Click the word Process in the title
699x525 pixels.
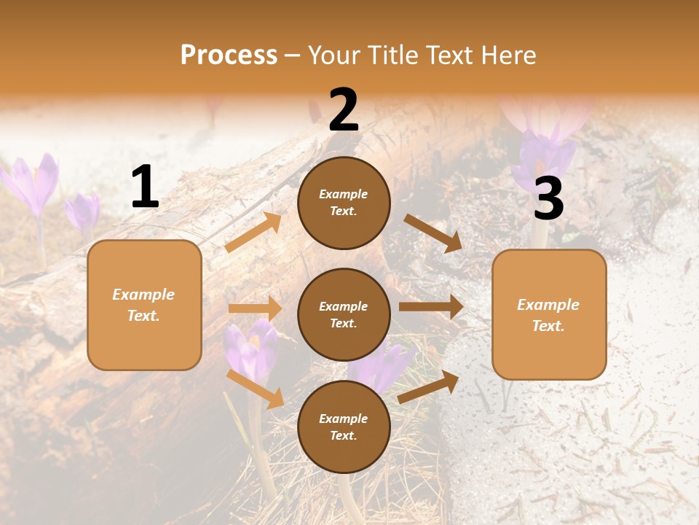tap(229, 55)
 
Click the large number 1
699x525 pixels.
tap(145, 187)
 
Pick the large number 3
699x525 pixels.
tap(548, 199)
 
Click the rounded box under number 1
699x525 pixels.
tap(144, 305)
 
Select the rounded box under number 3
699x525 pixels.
tap(549, 314)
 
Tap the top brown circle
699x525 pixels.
tap(344, 203)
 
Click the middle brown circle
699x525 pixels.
tap(344, 314)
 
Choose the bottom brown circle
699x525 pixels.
tap(344, 427)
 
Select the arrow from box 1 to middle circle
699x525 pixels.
tap(255, 308)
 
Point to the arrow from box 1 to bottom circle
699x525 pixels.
tap(256, 389)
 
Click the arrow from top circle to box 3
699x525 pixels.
tap(433, 233)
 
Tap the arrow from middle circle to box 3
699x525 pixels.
tap(431, 307)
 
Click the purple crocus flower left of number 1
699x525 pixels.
tap(33, 186)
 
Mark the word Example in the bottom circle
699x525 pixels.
tap(344, 419)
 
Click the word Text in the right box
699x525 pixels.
tap(548, 326)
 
